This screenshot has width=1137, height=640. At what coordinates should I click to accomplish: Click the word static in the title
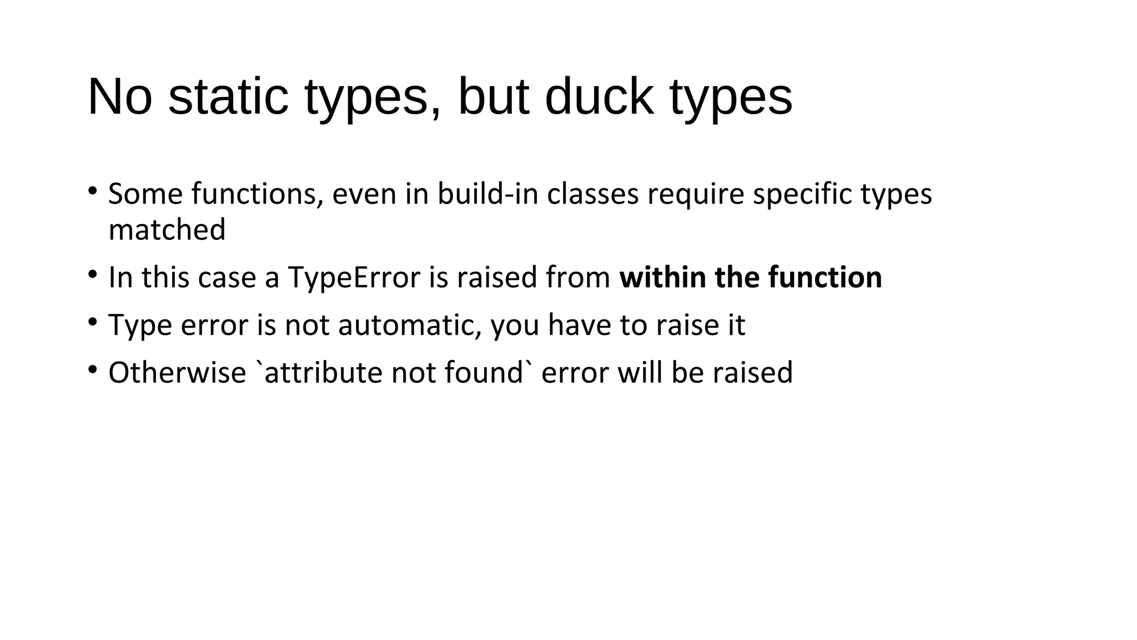tap(228, 97)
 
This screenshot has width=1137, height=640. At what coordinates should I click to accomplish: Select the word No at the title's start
tap(119, 97)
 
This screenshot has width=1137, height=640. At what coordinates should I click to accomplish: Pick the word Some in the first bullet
tap(145, 194)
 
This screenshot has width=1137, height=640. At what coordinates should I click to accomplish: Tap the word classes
tap(592, 194)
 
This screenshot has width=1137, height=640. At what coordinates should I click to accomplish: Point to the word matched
tap(167, 229)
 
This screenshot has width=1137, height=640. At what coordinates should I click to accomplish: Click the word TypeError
tap(354, 277)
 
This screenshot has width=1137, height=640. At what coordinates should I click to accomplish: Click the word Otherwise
tap(177, 372)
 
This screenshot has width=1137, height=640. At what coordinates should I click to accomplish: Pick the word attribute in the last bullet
tap(324, 372)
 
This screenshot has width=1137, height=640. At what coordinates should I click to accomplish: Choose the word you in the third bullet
tap(515, 326)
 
